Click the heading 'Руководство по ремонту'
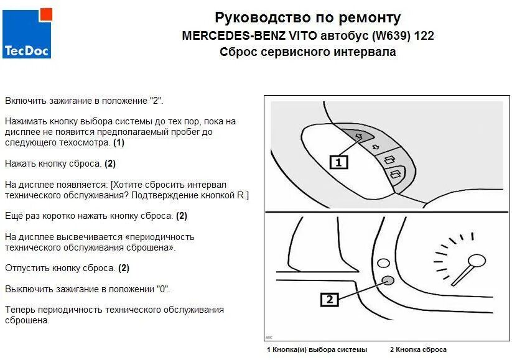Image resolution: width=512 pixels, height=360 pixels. coord(307,17)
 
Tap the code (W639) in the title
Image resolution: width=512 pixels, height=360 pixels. coord(388,35)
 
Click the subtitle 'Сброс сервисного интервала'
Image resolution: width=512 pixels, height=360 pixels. coord(307,52)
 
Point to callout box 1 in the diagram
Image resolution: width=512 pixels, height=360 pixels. coord(338,162)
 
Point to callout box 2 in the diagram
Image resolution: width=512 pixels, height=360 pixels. coord(330,300)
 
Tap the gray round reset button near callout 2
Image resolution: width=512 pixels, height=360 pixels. coord(386,281)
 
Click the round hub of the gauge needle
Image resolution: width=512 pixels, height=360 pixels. coord(477,262)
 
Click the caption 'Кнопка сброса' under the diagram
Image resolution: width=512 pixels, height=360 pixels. coord(421,349)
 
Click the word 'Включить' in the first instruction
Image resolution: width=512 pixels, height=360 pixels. coord(24,100)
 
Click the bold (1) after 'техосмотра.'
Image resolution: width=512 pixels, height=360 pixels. coord(119,142)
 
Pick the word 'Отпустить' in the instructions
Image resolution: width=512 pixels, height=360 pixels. coord(26,268)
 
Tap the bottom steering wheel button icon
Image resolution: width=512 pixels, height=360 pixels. coord(396,175)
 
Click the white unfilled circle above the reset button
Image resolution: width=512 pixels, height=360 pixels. coord(384,264)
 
